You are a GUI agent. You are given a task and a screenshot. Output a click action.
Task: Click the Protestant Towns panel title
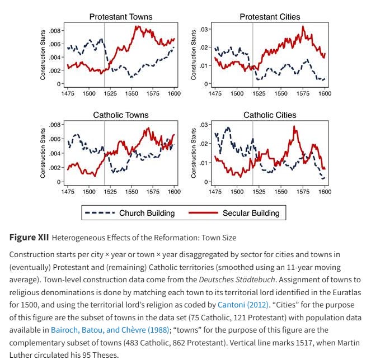pyautogui.click(x=120, y=17)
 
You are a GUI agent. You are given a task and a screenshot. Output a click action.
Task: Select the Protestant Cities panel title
pyautogui.click(x=270, y=17)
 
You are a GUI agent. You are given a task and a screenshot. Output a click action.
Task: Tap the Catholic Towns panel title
pyautogui.click(x=121, y=115)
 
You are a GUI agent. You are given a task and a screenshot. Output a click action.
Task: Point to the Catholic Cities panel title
pyautogui.click(x=270, y=115)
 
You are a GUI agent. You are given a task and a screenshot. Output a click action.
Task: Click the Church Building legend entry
pyautogui.click(x=147, y=213)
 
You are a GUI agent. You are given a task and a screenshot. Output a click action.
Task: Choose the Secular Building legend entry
pyautogui.click(x=250, y=213)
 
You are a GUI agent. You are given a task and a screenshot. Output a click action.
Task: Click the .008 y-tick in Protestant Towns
pyautogui.click(x=55, y=31)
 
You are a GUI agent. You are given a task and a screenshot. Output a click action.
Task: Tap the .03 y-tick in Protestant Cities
pyautogui.click(x=204, y=29)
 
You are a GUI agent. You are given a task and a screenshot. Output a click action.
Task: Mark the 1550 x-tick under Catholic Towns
pyautogui.click(x=132, y=192)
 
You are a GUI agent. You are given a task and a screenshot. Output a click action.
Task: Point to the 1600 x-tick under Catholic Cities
pyautogui.click(x=325, y=192)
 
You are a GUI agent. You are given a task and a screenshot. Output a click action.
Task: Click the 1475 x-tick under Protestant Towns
pyautogui.click(x=68, y=93)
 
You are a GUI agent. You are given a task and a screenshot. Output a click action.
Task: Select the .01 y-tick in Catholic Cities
pyautogui.click(x=204, y=163)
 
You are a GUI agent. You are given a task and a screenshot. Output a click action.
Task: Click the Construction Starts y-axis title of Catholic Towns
pyautogui.click(x=43, y=153)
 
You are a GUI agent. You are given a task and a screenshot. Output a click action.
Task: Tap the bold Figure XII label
pyautogui.click(x=29, y=238)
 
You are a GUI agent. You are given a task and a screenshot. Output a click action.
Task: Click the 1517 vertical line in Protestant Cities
pyautogui.click(x=253, y=56)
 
